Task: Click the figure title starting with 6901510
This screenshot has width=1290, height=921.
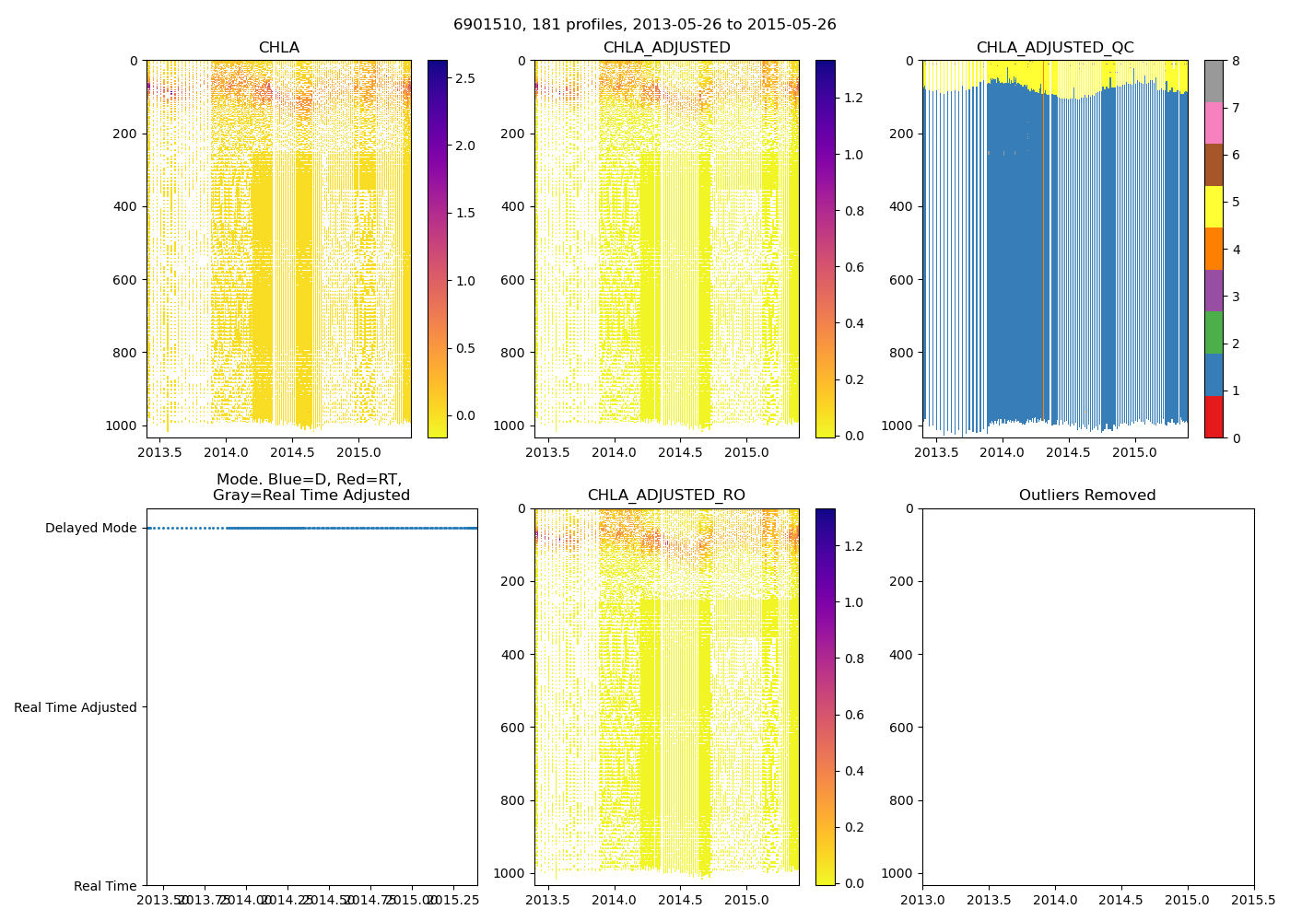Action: pyautogui.click(x=644, y=25)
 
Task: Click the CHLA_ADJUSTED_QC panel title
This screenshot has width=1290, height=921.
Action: pyautogui.click(x=1055, y=48)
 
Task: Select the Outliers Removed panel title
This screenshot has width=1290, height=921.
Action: pyautogui.click(x=1087, y=495)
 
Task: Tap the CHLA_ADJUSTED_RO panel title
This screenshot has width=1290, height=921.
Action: pyautogui.click(x=666, y=495)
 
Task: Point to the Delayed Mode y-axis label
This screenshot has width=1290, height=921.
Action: pyautogui.click(x=90, y=528)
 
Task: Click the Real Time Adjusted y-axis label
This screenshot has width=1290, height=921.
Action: pyautogui.click(x=76, y=707)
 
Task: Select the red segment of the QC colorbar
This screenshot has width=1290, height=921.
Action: pyautogui.click(x=1214, y=416)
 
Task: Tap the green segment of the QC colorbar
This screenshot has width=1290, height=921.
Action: pyautogui.click(x=1214, y=332)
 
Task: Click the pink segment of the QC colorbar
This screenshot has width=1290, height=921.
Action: pyautogui.click(x=1214, y=123)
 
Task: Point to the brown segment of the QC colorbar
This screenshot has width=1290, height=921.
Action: pyautogui.click(x=1214, y=165)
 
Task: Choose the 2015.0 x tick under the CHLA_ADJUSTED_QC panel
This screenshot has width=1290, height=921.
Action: pyautogui.click(x=1134, y=452)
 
